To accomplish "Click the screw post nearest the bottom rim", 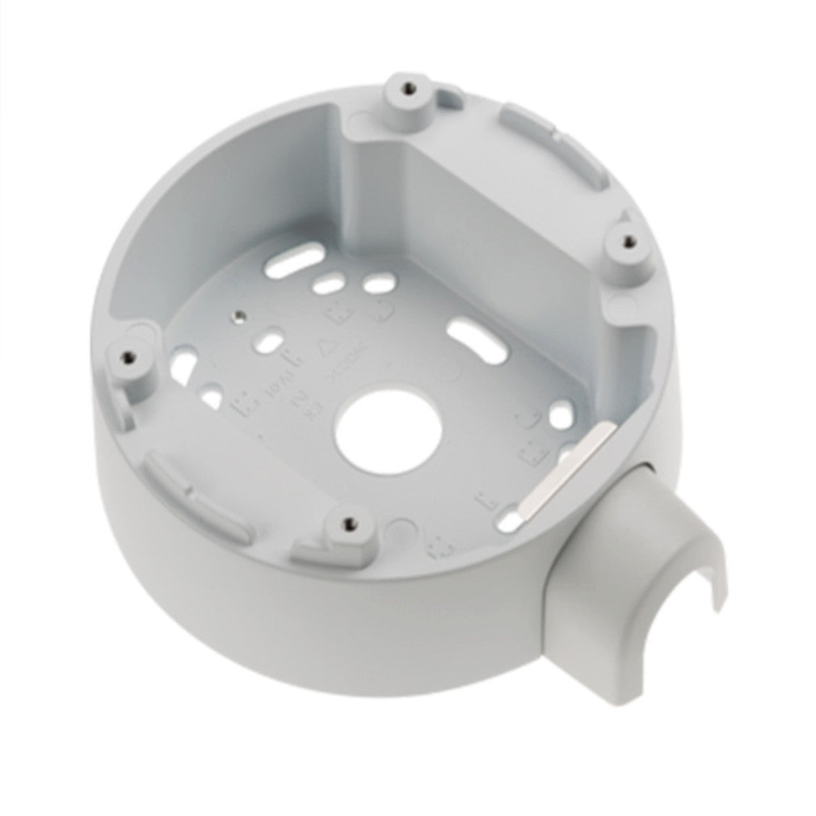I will click(347, 530).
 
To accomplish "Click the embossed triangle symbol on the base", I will click(329, 347).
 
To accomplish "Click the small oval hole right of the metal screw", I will click(270, 339).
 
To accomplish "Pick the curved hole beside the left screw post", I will click(182, 365).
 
